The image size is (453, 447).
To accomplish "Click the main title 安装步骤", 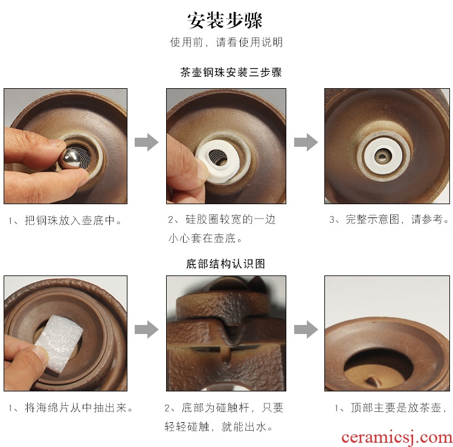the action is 225,20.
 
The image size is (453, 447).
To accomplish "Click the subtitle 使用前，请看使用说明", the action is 226,42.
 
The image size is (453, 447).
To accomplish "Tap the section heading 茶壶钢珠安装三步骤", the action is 231,72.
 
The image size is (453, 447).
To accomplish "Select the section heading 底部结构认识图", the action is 225,263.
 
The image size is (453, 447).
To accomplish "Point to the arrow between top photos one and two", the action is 147,142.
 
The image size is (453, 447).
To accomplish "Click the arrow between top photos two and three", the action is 306,142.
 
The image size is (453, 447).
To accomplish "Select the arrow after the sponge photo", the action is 147,329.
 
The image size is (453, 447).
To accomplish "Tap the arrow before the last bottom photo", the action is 306,329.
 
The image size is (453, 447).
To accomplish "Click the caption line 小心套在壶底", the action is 205,239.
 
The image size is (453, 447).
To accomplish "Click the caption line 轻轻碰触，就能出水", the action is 219,426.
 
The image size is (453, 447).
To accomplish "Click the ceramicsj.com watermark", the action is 397,437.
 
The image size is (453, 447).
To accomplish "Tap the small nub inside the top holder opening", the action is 373,381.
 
